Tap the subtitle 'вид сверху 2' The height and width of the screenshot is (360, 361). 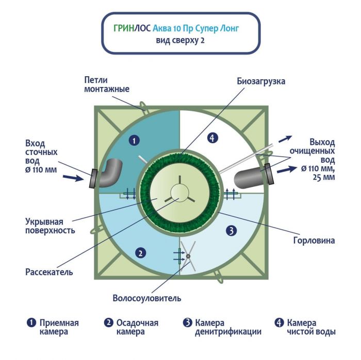click(180, 41)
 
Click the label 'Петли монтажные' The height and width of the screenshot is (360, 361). click(107, 84)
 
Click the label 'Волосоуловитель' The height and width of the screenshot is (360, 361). click(147, 298)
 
